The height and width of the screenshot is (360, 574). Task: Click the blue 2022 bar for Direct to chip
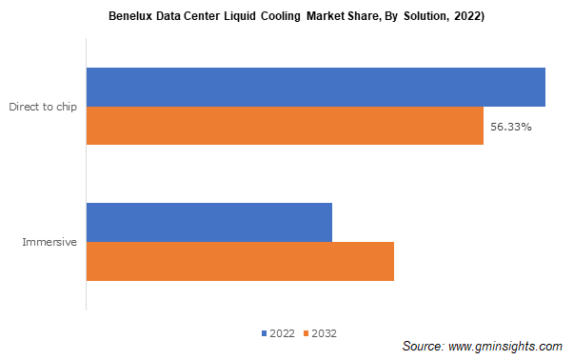316,87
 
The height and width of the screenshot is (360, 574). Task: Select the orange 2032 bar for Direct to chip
286,126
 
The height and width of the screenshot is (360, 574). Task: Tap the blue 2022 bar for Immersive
209,222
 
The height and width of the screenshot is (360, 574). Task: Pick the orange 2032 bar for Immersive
240,261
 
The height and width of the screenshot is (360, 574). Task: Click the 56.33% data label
511,127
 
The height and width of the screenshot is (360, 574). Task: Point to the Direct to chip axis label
43,107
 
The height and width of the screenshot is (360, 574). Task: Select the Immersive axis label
49,242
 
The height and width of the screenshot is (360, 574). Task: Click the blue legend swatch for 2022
264,333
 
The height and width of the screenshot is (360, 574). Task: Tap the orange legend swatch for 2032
306,333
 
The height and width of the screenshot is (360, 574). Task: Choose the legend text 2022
282,333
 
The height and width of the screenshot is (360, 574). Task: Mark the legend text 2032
324,333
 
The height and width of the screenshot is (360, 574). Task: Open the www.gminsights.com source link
505,345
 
